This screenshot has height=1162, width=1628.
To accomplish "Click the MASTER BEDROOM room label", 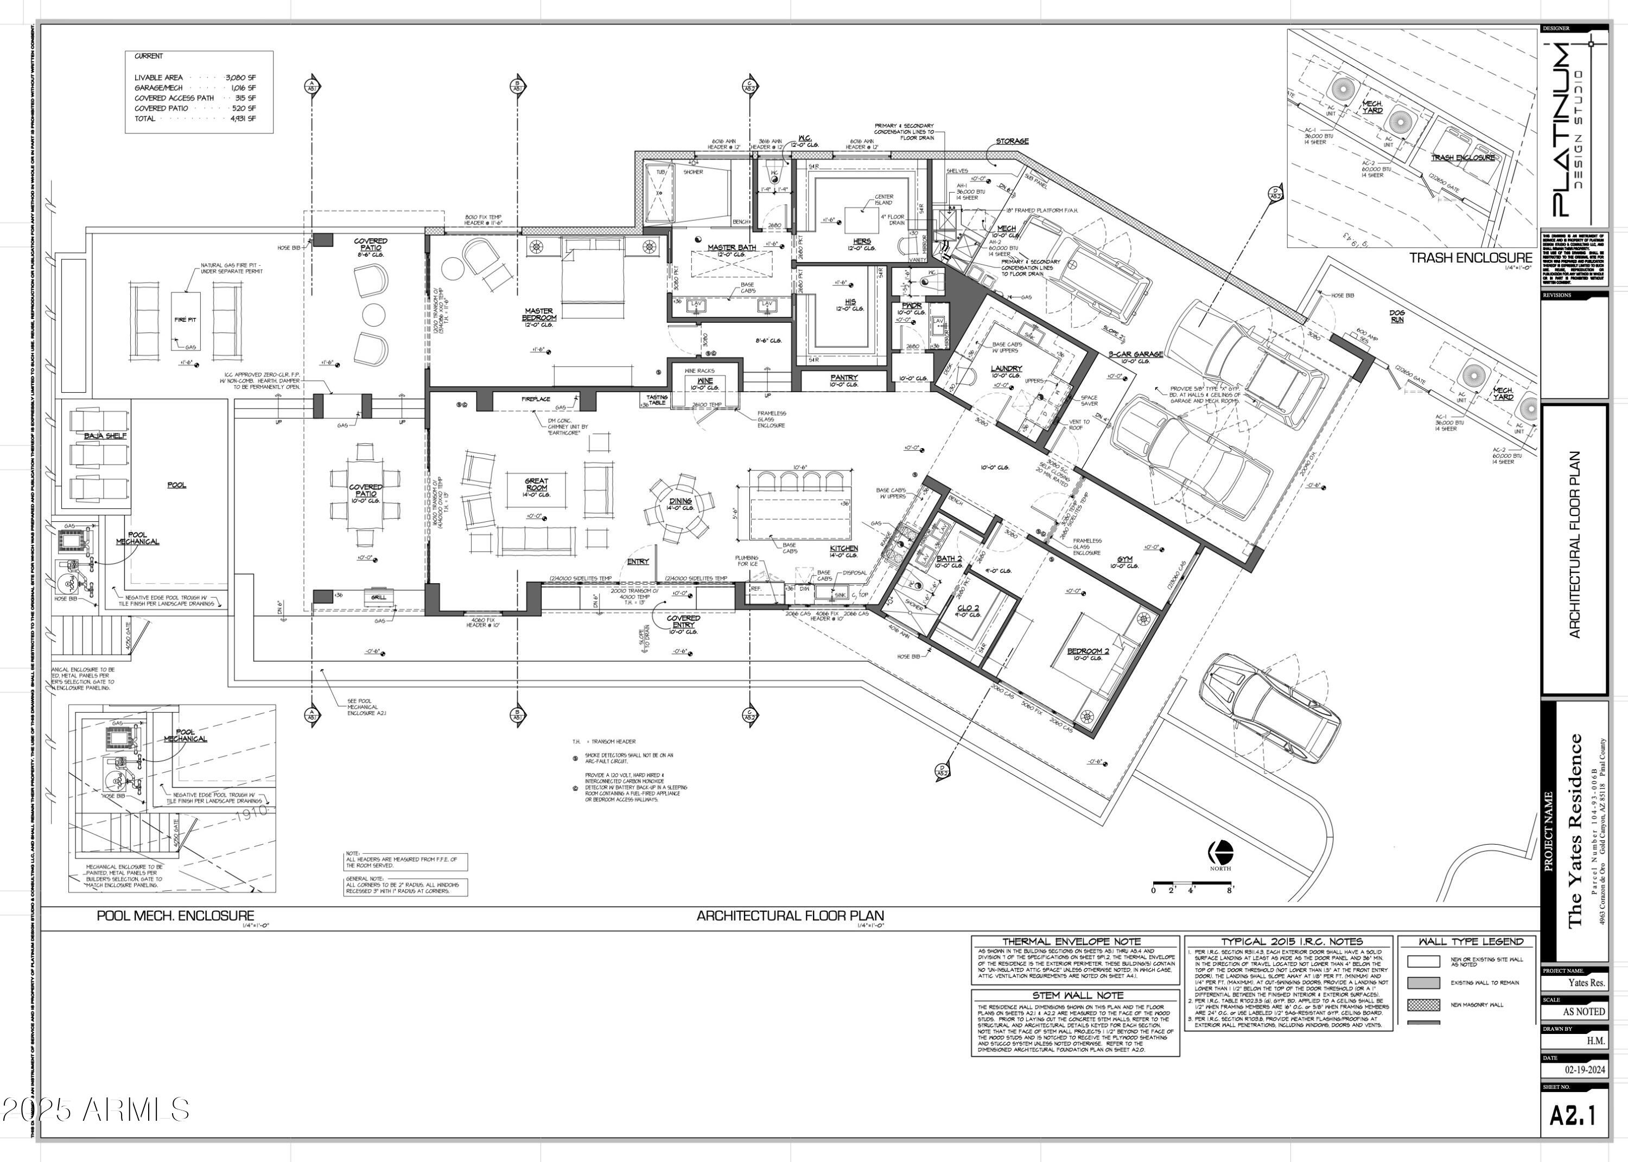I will coord(539,314).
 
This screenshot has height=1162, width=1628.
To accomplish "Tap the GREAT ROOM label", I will coord(537,484).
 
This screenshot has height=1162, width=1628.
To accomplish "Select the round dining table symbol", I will coord(681,507).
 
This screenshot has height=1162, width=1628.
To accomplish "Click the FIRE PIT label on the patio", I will coord(186,320).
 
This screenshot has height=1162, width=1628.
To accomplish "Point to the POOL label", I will coord(177,485).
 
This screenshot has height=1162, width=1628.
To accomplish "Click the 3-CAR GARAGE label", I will coord(1136,354).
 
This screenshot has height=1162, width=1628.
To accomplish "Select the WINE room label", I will coord(705,381).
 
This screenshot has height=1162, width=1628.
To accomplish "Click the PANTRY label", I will coord(844,377).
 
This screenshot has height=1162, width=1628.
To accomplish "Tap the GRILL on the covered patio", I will coord(379,597).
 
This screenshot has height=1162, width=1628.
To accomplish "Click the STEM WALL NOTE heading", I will coord(1077,995).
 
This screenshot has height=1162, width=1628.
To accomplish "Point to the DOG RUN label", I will coord(1397,316).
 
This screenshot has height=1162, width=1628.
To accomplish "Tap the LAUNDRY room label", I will coord(1006,368).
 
